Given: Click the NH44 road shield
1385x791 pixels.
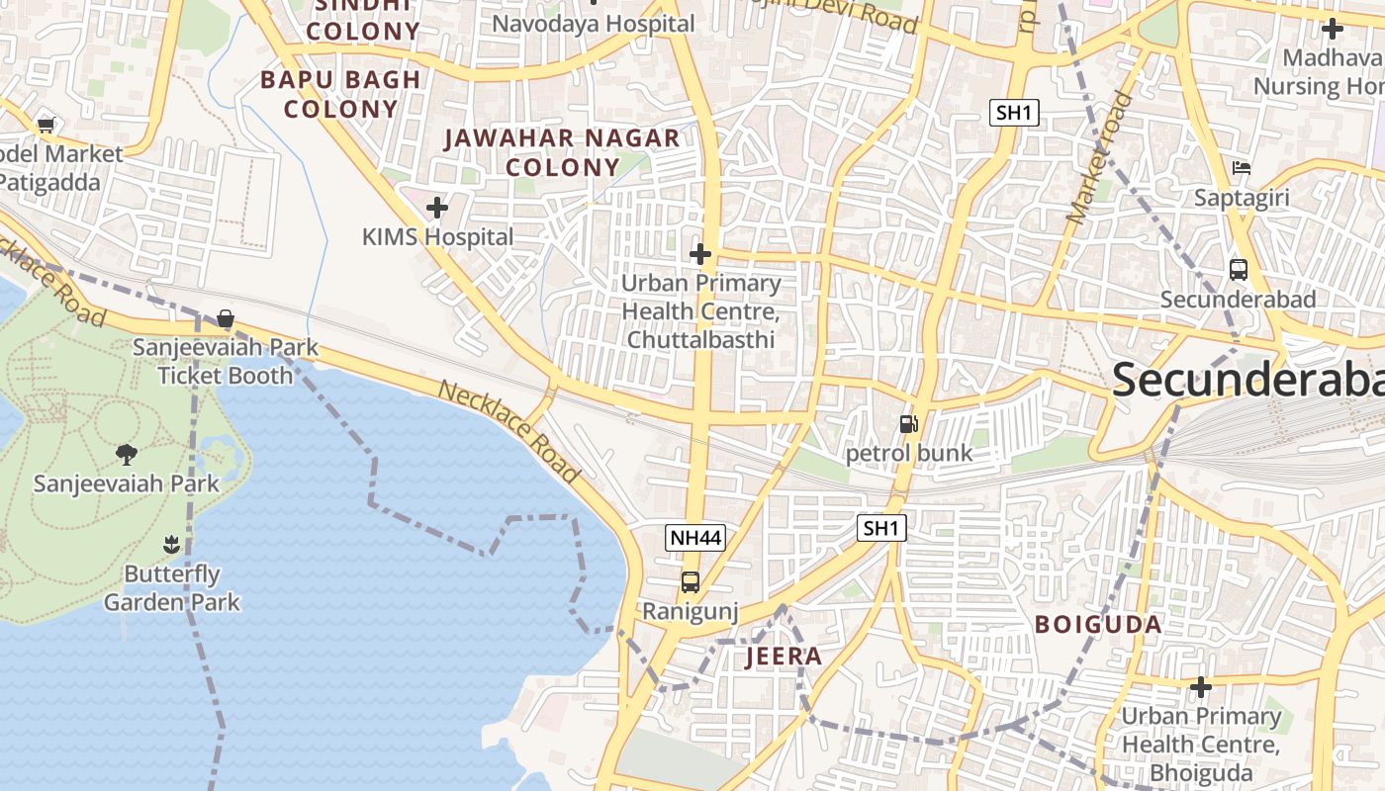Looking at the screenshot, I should tap(695, 538).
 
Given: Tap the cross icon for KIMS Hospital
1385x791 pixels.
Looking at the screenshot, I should tap(436, 208).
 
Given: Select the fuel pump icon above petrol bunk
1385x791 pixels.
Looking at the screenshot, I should tap(908, 424).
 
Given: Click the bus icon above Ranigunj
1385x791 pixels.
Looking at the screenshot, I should tap(691, 582).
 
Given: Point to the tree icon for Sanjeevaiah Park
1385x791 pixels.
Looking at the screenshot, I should tap(126, 455).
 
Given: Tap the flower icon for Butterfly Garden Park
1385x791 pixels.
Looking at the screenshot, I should tap(171, 544).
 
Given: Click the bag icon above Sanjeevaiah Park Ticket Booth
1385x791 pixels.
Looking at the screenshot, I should tap(226, 318).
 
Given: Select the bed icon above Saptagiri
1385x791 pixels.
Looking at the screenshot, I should tap(1242, 168).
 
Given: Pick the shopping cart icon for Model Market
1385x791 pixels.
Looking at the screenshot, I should tap(46, 126).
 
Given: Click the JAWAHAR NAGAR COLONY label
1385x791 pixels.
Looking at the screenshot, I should tap(562, 152).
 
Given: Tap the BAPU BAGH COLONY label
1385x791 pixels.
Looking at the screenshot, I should tap(340, 94).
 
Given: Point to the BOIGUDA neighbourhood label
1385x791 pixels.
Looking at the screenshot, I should tap(1098, 625).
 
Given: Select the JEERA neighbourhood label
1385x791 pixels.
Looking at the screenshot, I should tap(784, 657).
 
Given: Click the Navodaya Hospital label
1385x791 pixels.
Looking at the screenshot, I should tap(594, 23).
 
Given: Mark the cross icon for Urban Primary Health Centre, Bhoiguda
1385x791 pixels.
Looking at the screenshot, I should tap(1201, 686).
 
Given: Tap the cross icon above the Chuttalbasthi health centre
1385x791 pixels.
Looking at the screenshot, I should tap(700, 254).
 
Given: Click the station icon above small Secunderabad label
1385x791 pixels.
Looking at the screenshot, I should tap(1238, 269).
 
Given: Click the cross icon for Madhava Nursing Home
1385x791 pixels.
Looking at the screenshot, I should tap(1333, 29).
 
